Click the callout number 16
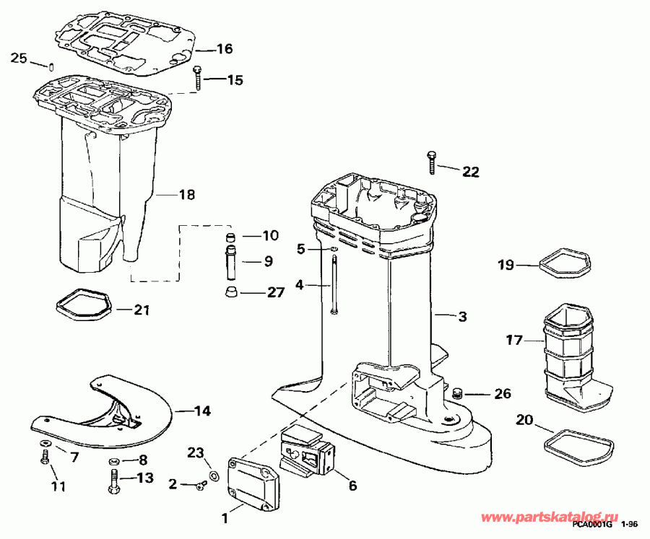[x=225, y=49]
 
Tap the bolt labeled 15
[x=198, y=77]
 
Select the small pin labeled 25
[x=52, y=66]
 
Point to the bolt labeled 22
[x=432, y=162]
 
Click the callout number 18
[x=186, y=194]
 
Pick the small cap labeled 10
[x=230, y=238]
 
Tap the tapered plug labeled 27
[x=231, y=292]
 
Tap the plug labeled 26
[x=458, y=392]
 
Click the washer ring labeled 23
[x=214, y=476]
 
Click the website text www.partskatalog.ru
[x=550, y=517]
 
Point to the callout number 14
[x=203, y=411]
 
